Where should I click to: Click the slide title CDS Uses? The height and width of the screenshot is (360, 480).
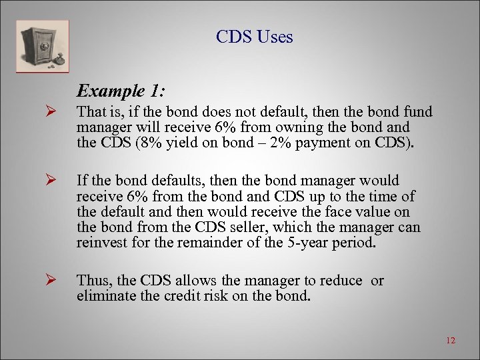[254, 37]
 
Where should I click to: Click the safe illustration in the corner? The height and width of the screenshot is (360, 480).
[42, 46]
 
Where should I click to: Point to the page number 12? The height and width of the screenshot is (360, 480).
[450, 341]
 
